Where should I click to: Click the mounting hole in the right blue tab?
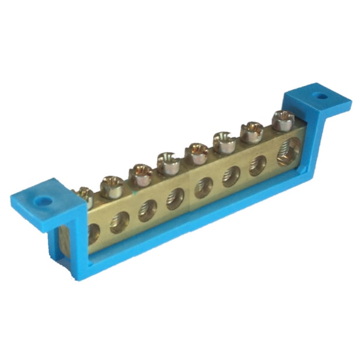[320, 96]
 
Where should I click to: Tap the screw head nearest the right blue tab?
[283, 117]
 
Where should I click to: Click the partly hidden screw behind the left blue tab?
[84, 194]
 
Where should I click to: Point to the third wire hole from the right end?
[230, 176]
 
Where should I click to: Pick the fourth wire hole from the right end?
[203, 187]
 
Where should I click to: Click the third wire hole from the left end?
[147, 210]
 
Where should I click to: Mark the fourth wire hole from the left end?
[176, 198]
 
